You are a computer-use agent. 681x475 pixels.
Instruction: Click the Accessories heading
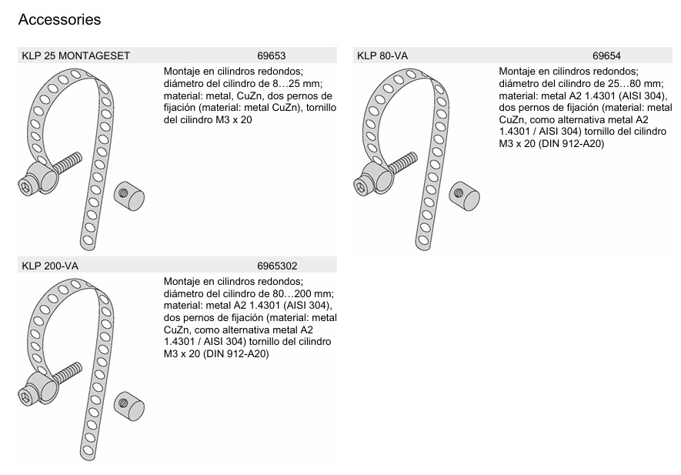[59, 19]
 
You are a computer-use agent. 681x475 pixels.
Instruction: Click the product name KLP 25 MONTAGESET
[76, 55]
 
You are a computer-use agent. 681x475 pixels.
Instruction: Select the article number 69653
[272, 55]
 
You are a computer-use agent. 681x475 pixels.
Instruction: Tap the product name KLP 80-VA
[382, 55]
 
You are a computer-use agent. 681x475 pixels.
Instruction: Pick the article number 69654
[606, 55]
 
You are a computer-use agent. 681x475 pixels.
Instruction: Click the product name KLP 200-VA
[50, 266]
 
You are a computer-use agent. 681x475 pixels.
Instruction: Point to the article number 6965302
[277, 266]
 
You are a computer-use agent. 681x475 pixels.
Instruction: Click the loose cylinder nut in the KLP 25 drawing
[129, 196]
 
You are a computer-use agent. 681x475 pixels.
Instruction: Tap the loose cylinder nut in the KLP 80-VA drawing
[464, 196]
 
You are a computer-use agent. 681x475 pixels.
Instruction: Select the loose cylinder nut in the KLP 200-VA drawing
[129, 406]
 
